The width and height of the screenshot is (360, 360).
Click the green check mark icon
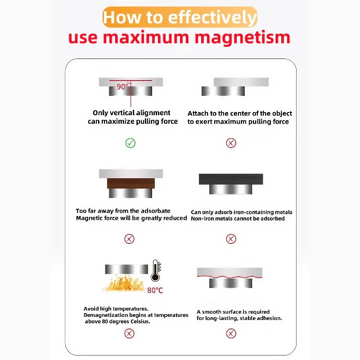130,143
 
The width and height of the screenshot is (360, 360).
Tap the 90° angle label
122,86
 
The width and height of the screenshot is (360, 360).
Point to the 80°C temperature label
155,291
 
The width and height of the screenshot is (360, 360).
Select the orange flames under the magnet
122,283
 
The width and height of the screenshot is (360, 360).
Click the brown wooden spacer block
131,184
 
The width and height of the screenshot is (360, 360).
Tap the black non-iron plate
231,179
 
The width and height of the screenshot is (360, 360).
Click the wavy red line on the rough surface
229,275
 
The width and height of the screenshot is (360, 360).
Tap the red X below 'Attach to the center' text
231,143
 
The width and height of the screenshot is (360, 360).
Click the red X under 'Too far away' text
129,238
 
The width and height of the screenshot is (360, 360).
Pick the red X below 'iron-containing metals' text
231,238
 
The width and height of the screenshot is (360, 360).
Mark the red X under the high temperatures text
129,333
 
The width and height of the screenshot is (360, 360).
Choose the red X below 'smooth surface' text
231,333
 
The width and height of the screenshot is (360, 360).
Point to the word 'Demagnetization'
106,315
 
